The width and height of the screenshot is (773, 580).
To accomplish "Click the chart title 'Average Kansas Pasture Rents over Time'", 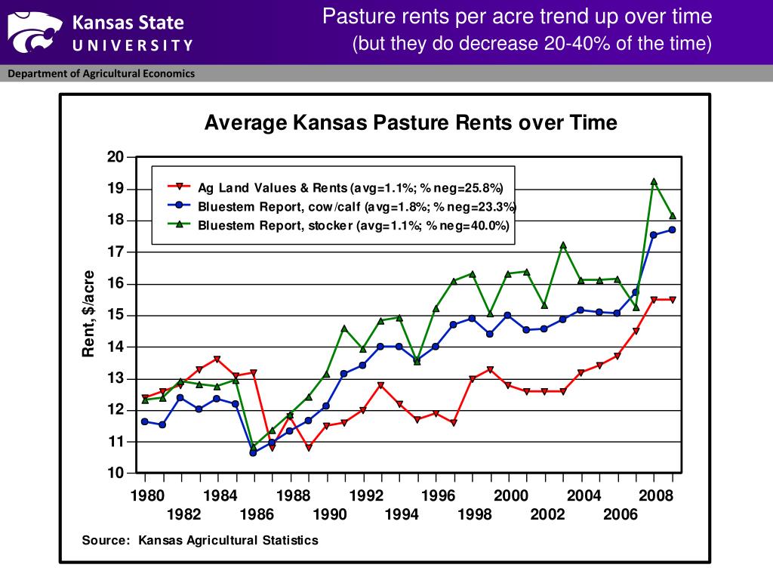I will click(x=411, y=122).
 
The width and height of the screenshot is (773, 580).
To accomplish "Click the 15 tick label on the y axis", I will click(x=115, y=315).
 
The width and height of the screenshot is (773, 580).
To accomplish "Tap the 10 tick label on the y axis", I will click(x=115, y=473).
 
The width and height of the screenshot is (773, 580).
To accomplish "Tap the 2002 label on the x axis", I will click(x=547, y=514).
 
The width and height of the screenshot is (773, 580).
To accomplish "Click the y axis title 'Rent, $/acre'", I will click(x=89, y=313).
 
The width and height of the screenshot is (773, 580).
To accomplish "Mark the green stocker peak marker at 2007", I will click(x=654, y=182).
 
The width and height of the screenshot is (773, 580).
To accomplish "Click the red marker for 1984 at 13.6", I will click(x=217, y=359).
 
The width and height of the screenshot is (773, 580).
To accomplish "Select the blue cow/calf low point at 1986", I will click(x=254, y=452).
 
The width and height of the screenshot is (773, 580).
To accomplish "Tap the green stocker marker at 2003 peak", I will click(x=563, y=245).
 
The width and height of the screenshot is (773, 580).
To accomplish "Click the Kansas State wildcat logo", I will click(x=35, y=32).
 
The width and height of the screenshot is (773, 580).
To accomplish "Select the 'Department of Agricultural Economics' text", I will click(x=101, y=73).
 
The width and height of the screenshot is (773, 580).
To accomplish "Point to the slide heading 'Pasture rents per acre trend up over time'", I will click(x=517, y=17).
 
